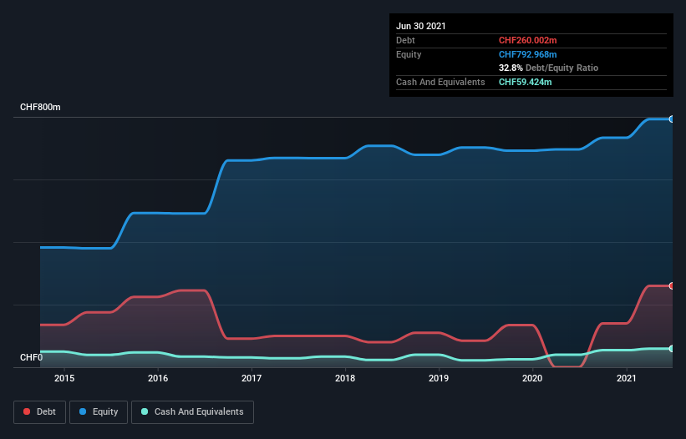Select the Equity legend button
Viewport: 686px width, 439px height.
[99, 411]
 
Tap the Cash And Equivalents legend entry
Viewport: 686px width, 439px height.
[192, 411]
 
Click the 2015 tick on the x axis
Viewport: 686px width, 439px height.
[64, 378]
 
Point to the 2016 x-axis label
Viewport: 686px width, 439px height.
[158, 378]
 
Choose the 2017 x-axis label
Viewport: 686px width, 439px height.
[252, 378]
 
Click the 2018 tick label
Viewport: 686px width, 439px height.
[345, 378]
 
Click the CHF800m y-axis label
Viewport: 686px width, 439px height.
[40, 108]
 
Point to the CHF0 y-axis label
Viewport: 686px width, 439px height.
[31, 358]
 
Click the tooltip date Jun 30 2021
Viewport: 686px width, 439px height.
[421, 26]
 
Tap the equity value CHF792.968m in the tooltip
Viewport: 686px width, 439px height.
[527, 54]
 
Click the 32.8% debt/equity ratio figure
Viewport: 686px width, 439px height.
[512, 68]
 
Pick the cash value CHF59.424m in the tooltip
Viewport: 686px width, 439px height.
[525, 82]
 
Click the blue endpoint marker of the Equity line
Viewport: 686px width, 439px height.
[671, 119]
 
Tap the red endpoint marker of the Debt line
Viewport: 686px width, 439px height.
[671, 285]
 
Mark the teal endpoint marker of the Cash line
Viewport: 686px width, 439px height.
[671, 349]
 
